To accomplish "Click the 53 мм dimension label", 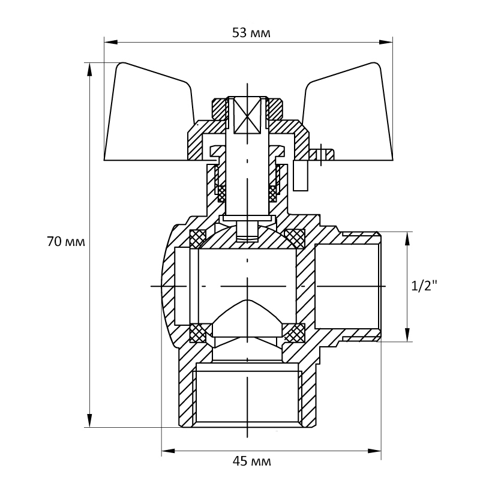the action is pos(251,33).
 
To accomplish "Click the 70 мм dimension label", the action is pos(66,242).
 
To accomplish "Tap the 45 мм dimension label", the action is pos(251,461).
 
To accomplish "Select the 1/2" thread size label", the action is pos(424,286).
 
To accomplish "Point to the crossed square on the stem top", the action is pos(247,115).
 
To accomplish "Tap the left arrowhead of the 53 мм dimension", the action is pos(111,42).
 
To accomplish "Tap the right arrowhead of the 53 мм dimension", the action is pos(386,42).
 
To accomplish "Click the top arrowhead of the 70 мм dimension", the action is pos(89,70).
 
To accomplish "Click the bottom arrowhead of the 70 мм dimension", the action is pos(89,421).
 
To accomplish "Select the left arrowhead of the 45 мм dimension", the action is pos(169,451).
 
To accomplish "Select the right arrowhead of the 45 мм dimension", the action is pos(374,451).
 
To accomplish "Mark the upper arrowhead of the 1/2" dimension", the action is pos(407,239).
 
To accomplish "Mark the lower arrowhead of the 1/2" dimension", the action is pos(407,335).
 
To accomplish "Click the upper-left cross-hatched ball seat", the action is pos(198,239).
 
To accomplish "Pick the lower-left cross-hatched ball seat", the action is pos(198,333).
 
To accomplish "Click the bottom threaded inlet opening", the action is pos(247,395).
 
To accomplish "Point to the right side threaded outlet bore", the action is pos(348,286).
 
